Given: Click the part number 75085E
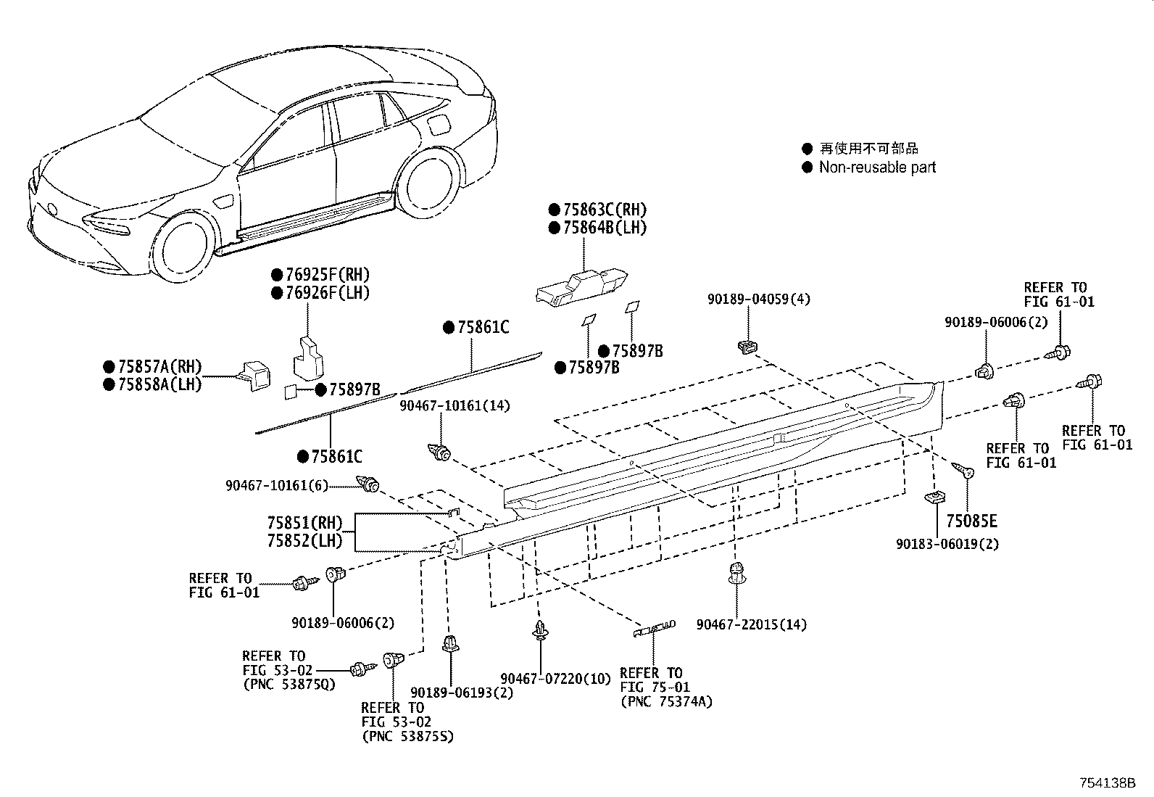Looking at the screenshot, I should click(971, 521).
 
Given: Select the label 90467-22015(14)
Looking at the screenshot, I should click(751, 624).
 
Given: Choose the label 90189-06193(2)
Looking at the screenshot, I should click(462, 693).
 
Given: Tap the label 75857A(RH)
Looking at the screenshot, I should click(159, 367).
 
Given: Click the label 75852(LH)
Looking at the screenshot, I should click(304, 541).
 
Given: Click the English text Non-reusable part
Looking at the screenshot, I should click(877, 168).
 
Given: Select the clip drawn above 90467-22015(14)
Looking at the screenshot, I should click(736, 572).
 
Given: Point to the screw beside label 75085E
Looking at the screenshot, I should click(963, 471).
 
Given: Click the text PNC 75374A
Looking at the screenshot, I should click(666, 701).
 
